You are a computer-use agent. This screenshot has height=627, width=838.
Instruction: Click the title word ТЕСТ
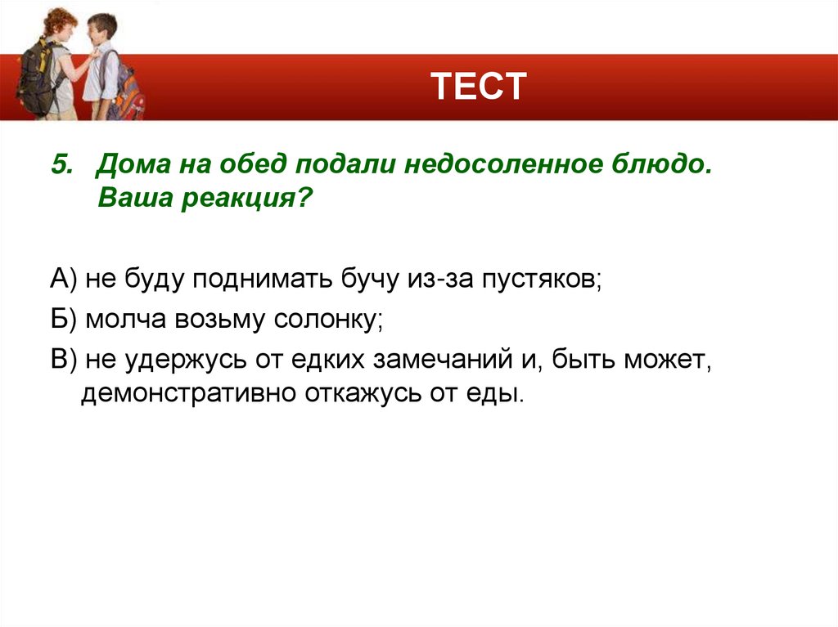click(x=478, y=86)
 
